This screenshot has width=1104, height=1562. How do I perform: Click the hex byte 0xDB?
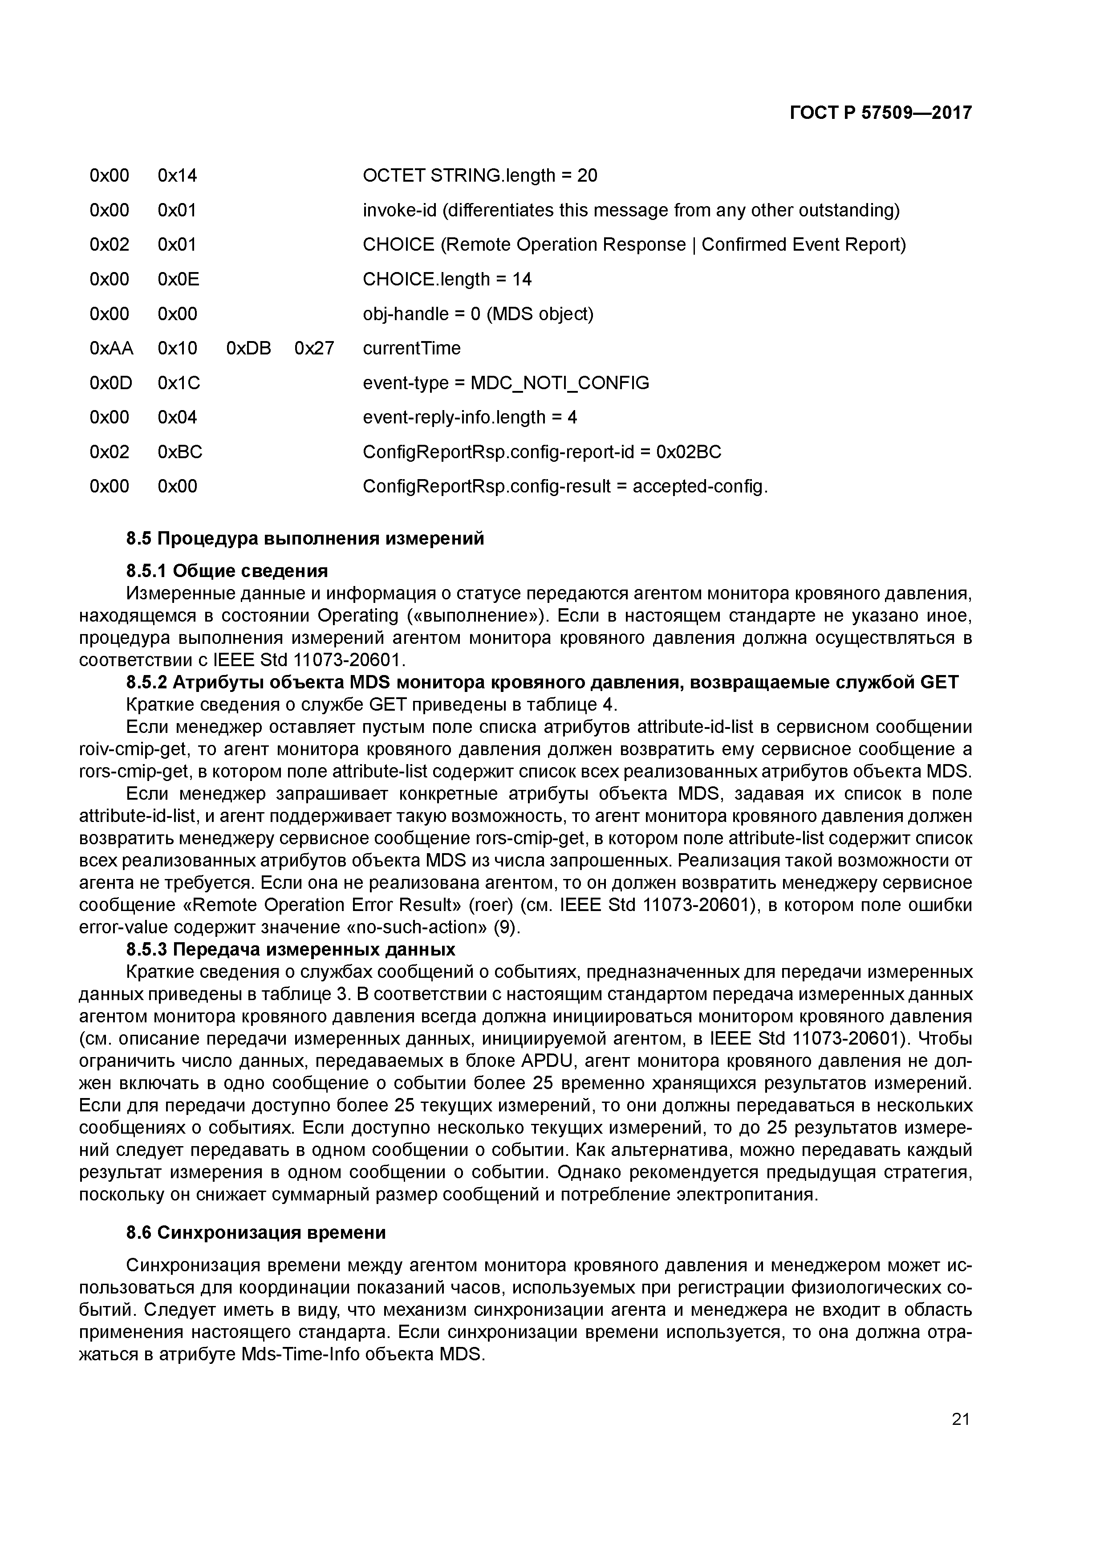pos(248,348)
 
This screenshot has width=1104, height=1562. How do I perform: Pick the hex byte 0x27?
pos(314,348)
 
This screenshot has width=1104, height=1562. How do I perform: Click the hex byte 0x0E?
pos(178,279)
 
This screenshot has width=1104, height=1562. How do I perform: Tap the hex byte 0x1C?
pos(178,383)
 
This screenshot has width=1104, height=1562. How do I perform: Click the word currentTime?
pos(411,348)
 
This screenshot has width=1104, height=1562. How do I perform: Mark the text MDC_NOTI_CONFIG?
pos(560,383)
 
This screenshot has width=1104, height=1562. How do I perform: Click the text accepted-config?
pos(699,486)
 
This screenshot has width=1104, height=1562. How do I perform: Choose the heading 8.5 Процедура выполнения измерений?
pos(305,538)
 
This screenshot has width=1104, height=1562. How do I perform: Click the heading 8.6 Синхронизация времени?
pos(256,1233)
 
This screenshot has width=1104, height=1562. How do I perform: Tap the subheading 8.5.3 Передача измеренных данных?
pos(290,948)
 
